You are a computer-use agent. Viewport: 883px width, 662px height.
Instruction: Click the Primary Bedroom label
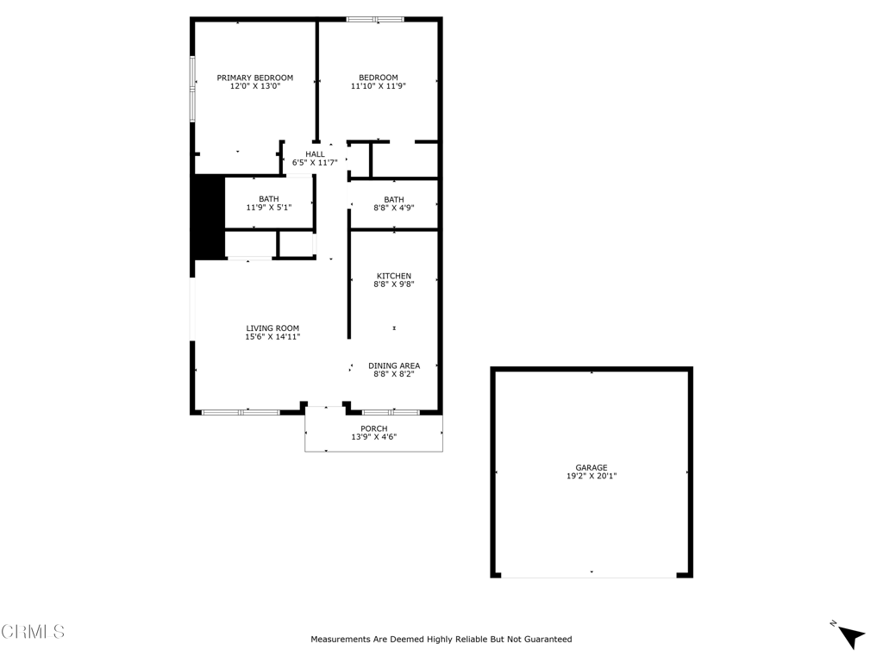[254, 78]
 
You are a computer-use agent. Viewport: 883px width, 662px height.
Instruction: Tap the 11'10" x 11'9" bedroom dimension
[378, 86]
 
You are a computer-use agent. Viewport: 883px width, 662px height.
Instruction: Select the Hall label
[315, 153]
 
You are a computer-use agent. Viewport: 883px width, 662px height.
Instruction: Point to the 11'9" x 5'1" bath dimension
[268, 208]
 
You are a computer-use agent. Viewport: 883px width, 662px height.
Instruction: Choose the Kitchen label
[393, 276]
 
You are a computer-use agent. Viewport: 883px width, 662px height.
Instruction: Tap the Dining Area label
[394, 365]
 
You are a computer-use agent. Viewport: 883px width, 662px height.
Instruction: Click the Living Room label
[272, 328]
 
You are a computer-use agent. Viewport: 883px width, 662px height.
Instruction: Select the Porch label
[374, 428]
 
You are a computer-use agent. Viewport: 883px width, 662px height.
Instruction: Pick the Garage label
[592, 467]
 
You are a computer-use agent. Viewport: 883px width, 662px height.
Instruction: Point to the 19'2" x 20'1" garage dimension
[592, 476]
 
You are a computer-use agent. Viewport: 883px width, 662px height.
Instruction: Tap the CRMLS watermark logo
[33, 632]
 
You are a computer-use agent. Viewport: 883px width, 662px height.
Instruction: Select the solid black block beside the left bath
[208, 216]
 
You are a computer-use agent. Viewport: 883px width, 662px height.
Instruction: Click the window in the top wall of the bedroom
[375, 19]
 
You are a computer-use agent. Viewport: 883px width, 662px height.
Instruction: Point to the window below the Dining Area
[390, 412]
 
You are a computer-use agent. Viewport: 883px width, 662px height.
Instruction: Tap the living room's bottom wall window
[241, 412]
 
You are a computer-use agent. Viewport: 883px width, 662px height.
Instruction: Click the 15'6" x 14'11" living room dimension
[272, 337]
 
